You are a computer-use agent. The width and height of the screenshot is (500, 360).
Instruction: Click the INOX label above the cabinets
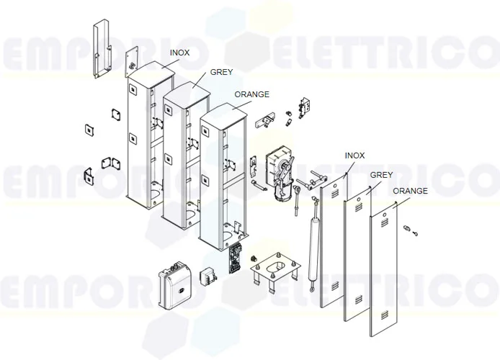[180, 53]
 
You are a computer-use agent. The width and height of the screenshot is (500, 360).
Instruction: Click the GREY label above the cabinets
[220, 73]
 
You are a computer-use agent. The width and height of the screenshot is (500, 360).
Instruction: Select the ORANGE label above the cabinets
[252, 94]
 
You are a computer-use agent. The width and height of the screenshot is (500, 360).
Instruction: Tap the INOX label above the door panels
[355, 156]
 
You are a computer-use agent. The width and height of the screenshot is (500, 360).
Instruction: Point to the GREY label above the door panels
[381, 175]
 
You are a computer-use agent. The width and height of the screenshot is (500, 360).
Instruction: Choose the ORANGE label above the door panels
[411, 191]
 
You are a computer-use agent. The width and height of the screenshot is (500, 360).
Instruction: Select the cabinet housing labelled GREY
[177, 158]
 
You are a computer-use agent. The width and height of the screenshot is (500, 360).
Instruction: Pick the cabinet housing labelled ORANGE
[216, 180]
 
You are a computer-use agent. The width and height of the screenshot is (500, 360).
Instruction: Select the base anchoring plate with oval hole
[275, 273]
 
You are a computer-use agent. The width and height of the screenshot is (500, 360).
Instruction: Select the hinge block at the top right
[306, 105]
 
